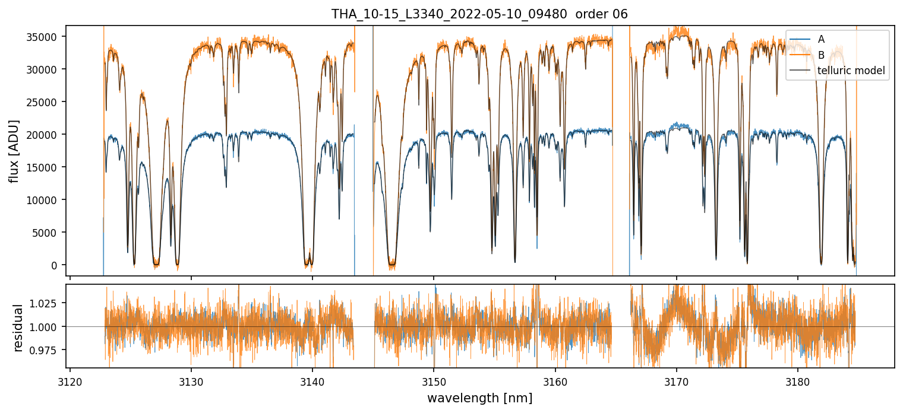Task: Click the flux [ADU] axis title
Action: point(14,151)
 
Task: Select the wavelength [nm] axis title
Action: point(479,398)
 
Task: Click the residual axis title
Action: point(18,327)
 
